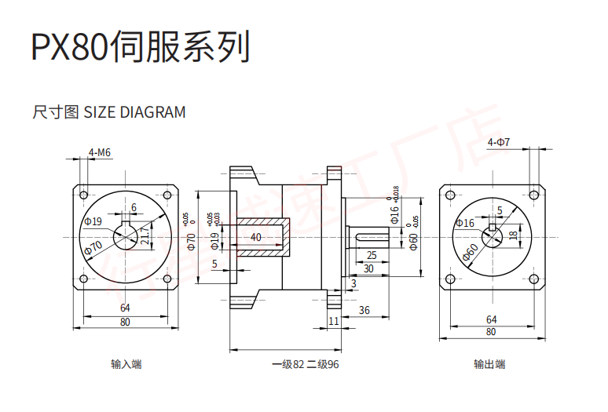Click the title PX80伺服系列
(x=140, y=48)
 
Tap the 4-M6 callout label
(x=99, y=152)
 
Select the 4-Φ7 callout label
(x=499, y=143)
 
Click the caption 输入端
(x=126, y=364)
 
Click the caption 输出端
(x=489, y=364)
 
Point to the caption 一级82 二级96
(x=306, y=364)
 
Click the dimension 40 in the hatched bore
(x=256, y=237)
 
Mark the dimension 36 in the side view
(x=364, y=310)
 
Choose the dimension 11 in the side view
(x=334, y=322)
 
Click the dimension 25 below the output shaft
(x=372, y=255)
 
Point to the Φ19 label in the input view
(x=93, y=222)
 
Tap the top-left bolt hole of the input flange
(x=83, y=193)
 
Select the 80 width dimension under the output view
(x=491, y=332)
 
